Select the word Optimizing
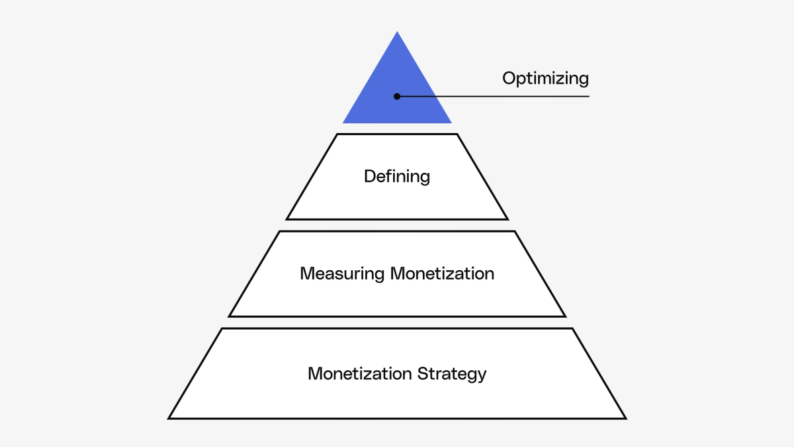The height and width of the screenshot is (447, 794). click(x=545, y=79)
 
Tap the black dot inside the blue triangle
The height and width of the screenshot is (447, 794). click(x=397, y=96)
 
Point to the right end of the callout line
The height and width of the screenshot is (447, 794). click(x=588, y=96)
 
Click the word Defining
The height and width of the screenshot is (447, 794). click(x=397, y=177)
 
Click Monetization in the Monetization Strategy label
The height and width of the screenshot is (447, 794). click(x=360, y=373)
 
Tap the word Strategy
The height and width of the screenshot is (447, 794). click(x=452, y=373)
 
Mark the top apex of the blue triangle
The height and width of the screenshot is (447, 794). click(x=397, y=32)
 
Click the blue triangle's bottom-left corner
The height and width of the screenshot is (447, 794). click(x=343, y=123)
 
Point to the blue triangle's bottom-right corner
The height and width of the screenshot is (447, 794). click(x=451, y=123)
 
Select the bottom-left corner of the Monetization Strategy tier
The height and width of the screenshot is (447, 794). click(x=169, y=419)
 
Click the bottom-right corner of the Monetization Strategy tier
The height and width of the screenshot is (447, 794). click(x=626, y=419)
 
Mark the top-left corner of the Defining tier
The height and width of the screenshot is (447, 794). click(x=337, y=134)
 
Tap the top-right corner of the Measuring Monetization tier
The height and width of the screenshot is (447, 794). click(x=515, y=232)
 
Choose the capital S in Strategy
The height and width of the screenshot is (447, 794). click(x=422, y=373)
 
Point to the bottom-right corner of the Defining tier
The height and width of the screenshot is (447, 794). click(x=507, y=219)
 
